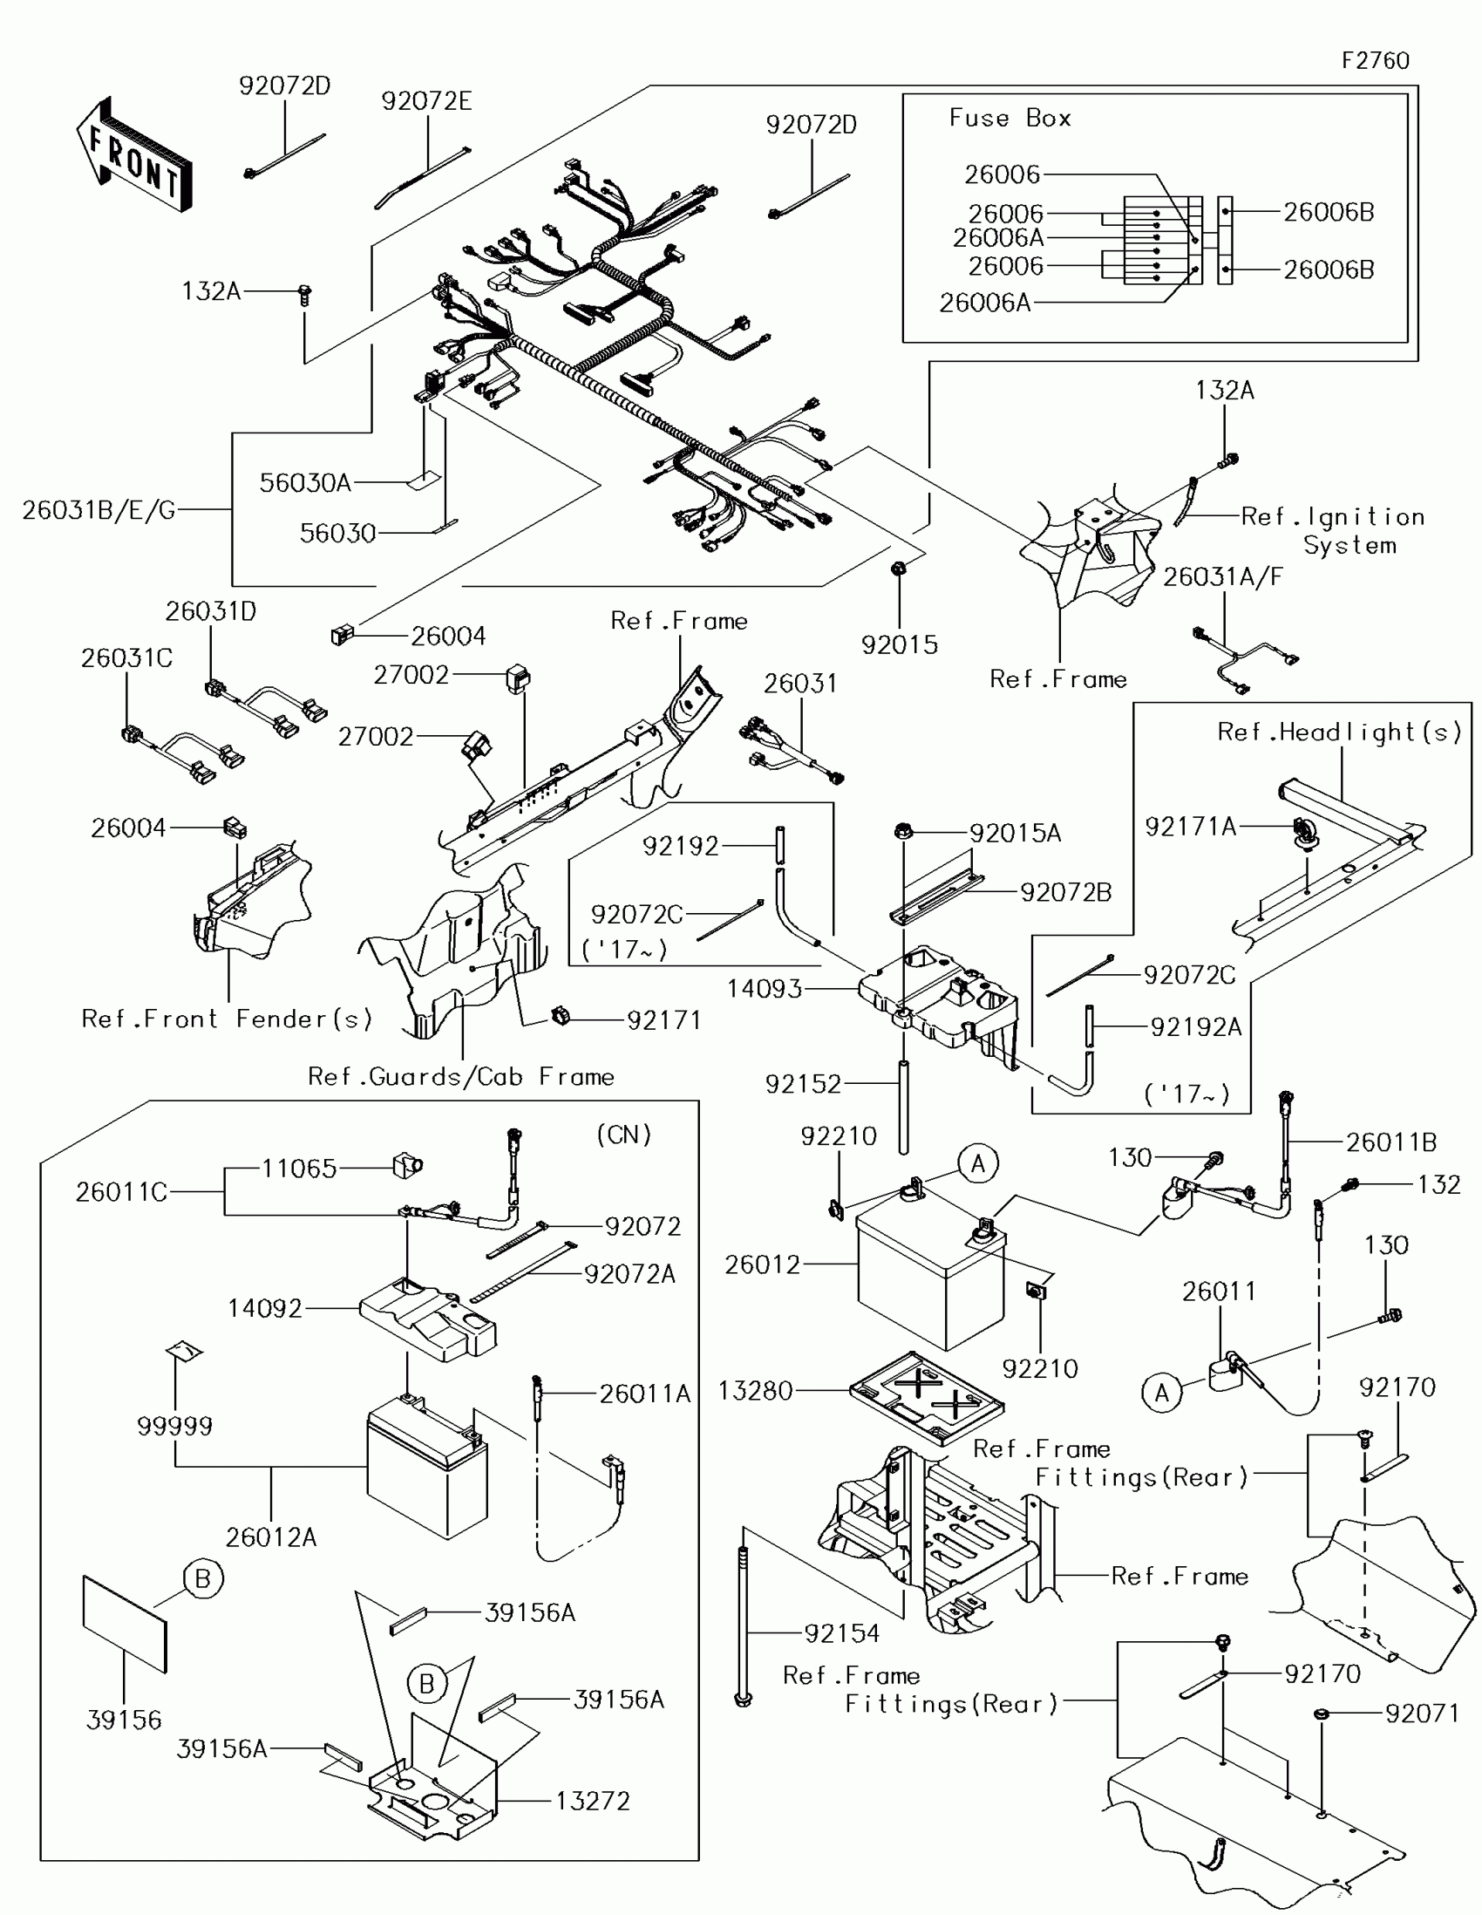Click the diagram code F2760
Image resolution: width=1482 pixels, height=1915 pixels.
[x=1374, y=60]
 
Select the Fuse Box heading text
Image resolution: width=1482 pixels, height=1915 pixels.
[x=1009, y=119]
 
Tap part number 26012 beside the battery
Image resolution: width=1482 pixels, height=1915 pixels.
[x=762, y=1264]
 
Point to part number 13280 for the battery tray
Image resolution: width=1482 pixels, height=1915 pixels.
[x=755, y=1391]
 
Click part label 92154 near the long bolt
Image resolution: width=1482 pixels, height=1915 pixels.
[x=841, y=1633]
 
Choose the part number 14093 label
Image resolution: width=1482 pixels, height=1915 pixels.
[x=765, y=989]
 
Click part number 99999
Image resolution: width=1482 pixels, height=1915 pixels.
[x=174, y=1427]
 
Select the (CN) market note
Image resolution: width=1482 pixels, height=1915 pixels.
[x=624, y=1135]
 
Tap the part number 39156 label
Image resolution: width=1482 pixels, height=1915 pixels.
[x=124, y=1720]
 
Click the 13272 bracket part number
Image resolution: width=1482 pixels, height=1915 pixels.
[x=593, y=1801]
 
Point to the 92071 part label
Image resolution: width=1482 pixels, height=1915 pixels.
[x=1422, y=1714]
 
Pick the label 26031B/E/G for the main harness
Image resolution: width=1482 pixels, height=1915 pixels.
[x=99, y=509]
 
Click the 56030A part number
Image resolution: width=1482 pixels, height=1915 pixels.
[x=305, y=482]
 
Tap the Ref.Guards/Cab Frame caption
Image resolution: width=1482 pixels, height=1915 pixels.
[x=461, y=1077]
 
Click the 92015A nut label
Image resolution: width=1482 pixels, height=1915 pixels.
[x=1015, y=833]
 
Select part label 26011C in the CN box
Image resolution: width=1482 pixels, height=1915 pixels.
[x=121, y=1191]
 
